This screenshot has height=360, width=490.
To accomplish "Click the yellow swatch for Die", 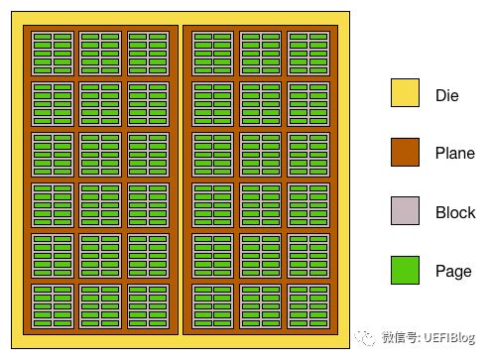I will pos(405,92).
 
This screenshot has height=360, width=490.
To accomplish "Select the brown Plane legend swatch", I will pos(405,153).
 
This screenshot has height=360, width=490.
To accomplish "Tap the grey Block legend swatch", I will pos(405,211).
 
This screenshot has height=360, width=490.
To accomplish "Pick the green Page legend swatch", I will pos(405,271).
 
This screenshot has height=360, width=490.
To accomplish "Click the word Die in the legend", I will pos(446,96).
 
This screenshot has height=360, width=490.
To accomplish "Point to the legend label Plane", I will pos(454,154).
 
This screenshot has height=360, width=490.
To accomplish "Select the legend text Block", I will pos(455,212).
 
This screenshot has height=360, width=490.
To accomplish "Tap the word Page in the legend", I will pos(453,271).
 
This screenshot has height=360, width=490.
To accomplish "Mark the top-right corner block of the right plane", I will pos(308,53).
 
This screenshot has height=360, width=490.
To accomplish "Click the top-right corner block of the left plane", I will pos(149,53).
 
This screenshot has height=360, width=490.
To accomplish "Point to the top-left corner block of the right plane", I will pos(212,53).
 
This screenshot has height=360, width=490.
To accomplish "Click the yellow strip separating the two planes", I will pos(181,179).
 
